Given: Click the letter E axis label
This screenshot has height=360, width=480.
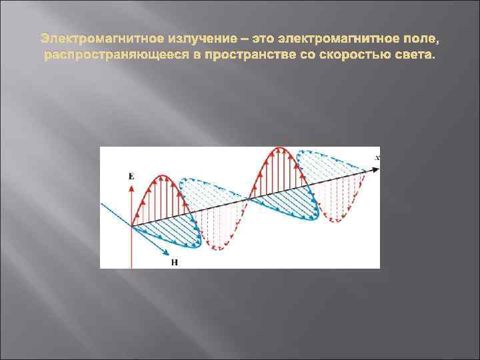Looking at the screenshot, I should tap(131, 175).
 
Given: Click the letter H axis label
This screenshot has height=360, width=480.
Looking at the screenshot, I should tap(175, 262).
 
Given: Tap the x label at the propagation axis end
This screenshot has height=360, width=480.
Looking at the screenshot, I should tap(377, 157).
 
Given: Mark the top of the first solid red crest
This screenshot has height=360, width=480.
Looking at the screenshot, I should tap(160, 176).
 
